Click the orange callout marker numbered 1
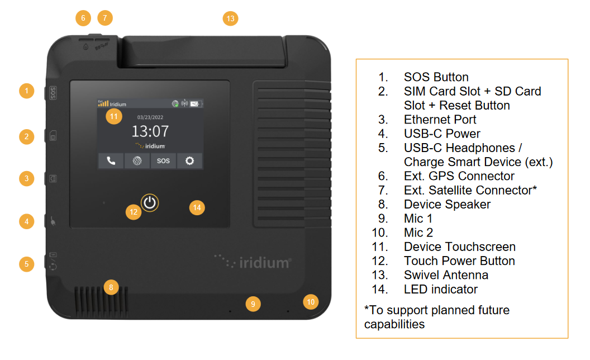click(27, 91)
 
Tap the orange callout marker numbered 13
click(230, 18)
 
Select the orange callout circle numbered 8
click(111, 287)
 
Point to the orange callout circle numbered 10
click(311, 302)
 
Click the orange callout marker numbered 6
click(83, 18)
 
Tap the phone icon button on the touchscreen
click(111, 161)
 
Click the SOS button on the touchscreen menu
click(163, 161)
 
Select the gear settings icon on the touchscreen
click(189, 161)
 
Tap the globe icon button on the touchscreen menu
click(137, 161)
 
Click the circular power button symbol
click(150, 202)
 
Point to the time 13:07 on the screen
click(150, 131)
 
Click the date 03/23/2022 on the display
click(150, 117)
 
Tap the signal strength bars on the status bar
click(103, 103)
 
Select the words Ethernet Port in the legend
click(440, 120)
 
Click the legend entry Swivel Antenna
click(446, 275)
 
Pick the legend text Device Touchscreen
click(459, 247)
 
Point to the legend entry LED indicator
click(441, 289)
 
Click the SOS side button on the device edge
click(53, 93)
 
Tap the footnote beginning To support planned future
click(437, 317)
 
